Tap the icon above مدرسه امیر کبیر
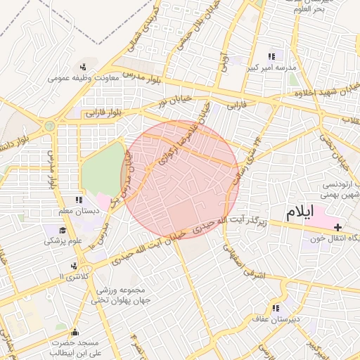pos(271,56)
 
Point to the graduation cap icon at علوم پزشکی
pos(62,231)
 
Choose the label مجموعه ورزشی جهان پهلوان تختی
pos(117,295)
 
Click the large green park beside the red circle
pos(101,169)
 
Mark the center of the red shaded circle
pos(181,179)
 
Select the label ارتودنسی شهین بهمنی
pos(341,189)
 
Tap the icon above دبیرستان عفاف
pos(275,307)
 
